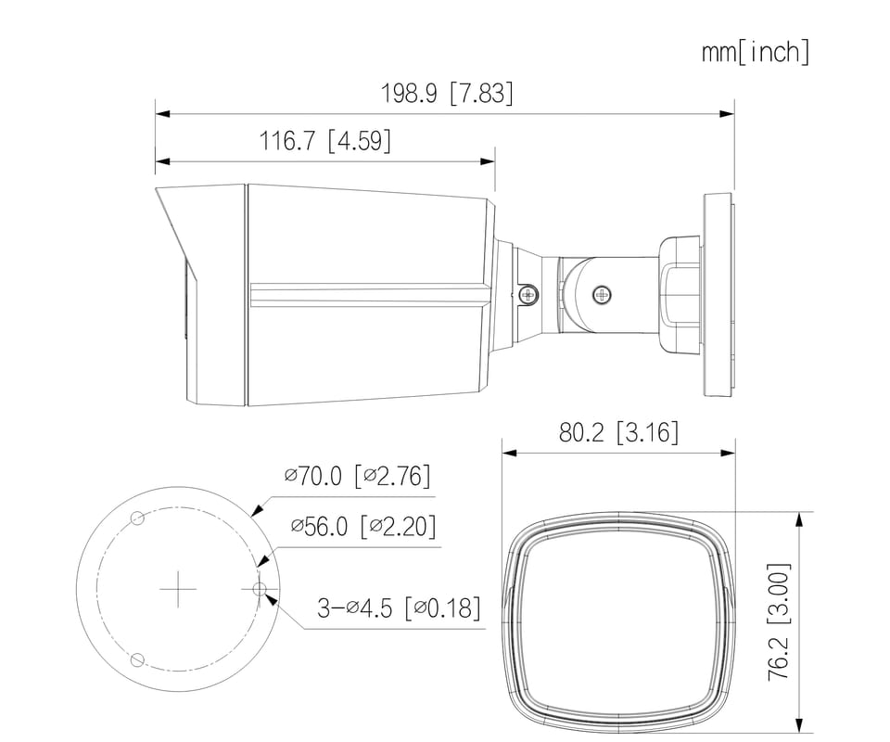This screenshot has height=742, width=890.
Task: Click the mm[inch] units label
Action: [x=756, y=52]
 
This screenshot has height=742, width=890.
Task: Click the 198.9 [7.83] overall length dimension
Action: [x=447, y=93]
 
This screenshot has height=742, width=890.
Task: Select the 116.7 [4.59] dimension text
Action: [x=325, y=140]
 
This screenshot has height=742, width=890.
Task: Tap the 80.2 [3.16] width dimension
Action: [x=618, y=432]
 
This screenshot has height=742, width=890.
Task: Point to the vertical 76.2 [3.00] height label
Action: [x=778, y=621]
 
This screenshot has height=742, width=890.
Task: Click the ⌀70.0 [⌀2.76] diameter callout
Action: [x=358, y=475]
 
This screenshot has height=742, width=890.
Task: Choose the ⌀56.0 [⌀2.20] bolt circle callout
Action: [x=363, y=526]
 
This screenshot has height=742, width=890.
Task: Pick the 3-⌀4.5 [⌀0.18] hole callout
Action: [x=399, y=608]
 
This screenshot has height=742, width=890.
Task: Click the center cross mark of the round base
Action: [x=178, y=589]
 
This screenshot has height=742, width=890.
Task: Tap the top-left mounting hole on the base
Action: [x=137, y=518]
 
